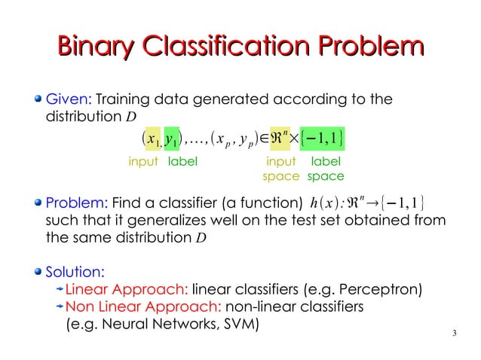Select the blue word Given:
tap(69, 99)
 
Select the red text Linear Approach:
tap(126, 289)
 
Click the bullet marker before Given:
tap(40, 100)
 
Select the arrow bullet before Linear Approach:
tap(59, 289)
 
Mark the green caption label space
tap(326, 169)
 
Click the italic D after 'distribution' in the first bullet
tap(131, 118)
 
